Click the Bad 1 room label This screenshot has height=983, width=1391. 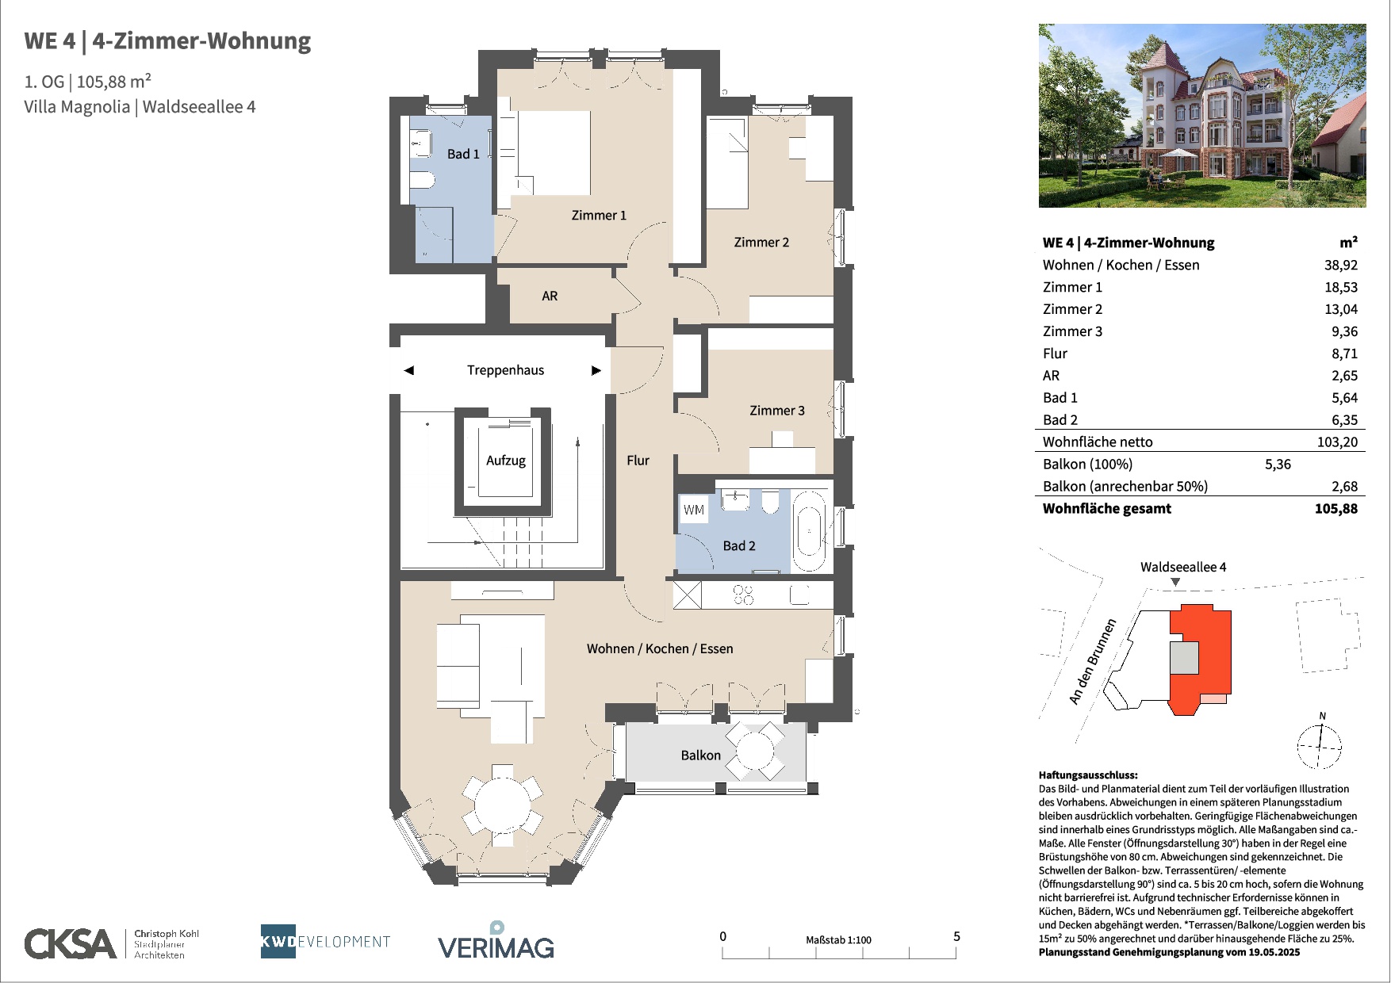click(463, 154)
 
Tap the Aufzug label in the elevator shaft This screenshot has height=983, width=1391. click(506, 461)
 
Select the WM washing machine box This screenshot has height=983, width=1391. click(694, 510)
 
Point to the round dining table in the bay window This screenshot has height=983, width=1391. click(502, 806)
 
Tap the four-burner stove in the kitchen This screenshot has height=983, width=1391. click(743, 595)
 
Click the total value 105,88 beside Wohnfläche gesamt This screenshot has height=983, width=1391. click(1335, 508)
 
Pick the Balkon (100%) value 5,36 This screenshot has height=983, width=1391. click(1278, 464)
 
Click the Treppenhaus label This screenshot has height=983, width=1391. click(505, 370)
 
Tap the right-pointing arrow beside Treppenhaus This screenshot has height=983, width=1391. click(596, 370)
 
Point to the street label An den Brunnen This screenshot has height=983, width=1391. click(1092, 661)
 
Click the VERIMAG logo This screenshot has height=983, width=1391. click(496, 940)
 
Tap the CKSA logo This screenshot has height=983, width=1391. click(71, 943)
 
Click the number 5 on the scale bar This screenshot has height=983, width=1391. click(956, 936)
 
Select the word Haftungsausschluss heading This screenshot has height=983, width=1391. click(1088, 775)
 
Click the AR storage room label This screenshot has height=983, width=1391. click(550, 296)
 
